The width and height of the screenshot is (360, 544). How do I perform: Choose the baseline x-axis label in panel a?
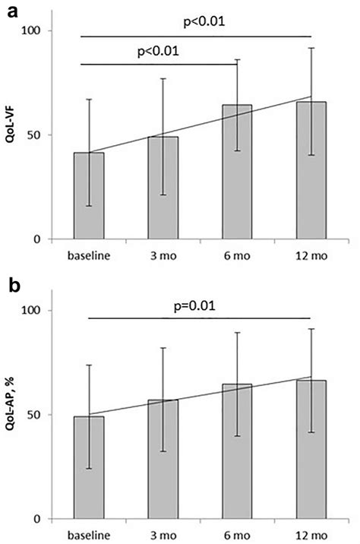click(89, 255)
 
